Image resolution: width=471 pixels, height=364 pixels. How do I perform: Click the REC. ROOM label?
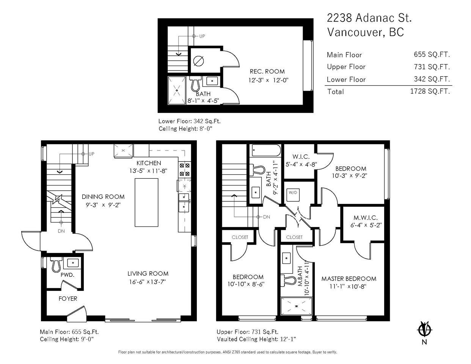(x=267, y=71)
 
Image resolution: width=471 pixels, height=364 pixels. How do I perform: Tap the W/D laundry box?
(x=293, y=195)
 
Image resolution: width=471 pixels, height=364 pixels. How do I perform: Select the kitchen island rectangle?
(x=146, y=202)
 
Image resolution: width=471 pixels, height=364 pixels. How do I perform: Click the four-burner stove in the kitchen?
(x=184, y=169)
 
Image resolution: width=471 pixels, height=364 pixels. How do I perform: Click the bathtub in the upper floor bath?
(x=266, y=150)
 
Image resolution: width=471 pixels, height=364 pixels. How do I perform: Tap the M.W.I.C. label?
(x=366, y=218)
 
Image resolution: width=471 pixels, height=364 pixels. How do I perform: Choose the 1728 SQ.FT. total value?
(x=430, y=91)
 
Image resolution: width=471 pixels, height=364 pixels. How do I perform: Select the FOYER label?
(x=68, y=298)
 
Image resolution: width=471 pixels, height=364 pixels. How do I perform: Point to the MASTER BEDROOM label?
(x=349, y=278)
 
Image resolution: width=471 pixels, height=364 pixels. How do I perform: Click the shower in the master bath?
(x=296, y=306)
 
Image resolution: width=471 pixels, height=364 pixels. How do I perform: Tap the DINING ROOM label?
(x=103, y=196)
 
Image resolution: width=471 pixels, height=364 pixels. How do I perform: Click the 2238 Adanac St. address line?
(x=369, y=18)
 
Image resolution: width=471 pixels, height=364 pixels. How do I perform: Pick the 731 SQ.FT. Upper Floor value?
(x=432, y=67)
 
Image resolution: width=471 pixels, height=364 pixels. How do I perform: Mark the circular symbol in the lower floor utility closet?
(x=199, y=61)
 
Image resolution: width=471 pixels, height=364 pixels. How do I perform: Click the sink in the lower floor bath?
(x=212, y=81)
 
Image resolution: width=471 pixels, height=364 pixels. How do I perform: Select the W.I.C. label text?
(x=301, y=157)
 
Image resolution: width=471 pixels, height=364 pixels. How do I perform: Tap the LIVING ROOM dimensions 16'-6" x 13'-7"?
(x=148, y=282)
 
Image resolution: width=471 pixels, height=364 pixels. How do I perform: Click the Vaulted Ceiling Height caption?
(x=256, y=339)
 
